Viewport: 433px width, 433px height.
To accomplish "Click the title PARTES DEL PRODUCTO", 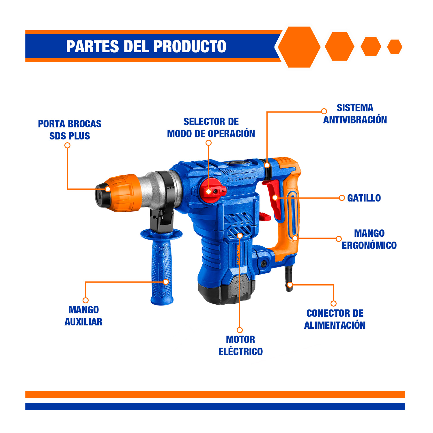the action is [x=146, y=46].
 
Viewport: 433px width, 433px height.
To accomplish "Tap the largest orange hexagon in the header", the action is [x=299, y=47].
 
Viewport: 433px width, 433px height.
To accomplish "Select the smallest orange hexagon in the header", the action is [x=395, y=47].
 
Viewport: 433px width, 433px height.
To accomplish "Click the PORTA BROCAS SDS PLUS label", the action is [x=70, y=130].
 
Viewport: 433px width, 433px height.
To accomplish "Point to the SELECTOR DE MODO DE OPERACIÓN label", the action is [x=211, y=128].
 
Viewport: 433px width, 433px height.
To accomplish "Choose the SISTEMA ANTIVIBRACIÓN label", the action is [x=355, y=114].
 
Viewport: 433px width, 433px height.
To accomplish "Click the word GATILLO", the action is [x=364, y=198].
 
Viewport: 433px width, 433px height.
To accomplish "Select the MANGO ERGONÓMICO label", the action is [x=369, y=239].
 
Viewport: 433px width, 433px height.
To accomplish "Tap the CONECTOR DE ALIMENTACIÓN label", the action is [x=335, y=319].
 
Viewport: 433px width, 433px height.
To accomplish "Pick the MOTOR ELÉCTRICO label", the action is [x=240, y=346].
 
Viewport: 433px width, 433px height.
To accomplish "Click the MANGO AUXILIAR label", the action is [x=83, y=316].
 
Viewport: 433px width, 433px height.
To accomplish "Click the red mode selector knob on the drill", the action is [x=212, y=190].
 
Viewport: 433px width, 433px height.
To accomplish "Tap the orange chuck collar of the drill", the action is [x=123, y=193].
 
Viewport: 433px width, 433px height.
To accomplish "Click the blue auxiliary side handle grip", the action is [x=162, y=271].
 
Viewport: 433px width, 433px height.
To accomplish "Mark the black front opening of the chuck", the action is [x=100, y=196].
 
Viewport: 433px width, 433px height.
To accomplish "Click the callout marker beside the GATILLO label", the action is [x=342, y=198].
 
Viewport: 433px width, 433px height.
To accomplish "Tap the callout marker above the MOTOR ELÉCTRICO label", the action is [x=240, y=330].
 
